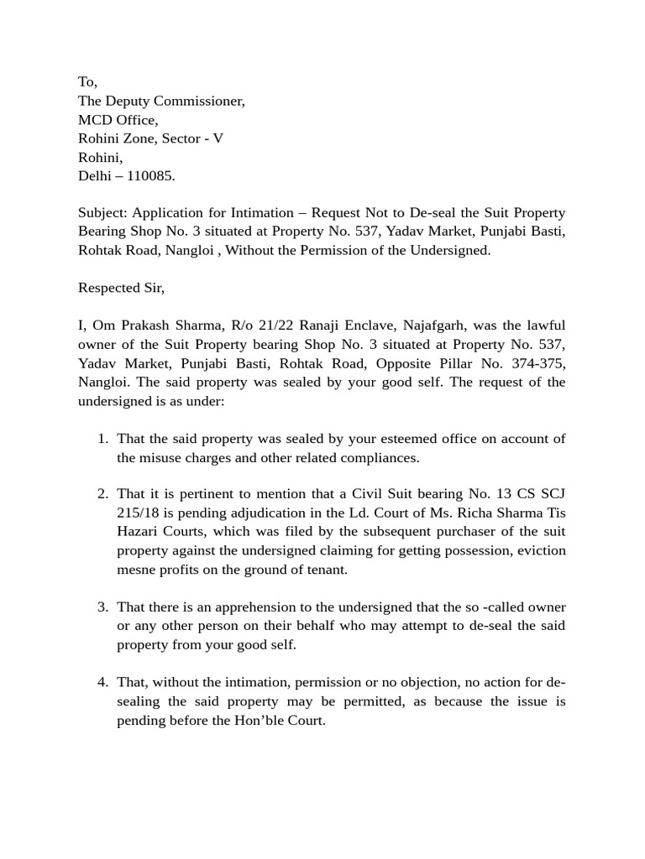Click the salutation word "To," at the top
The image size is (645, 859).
point(87,81)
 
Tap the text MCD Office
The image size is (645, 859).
point(118,119)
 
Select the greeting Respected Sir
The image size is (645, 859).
point(121,288)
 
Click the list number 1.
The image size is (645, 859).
point(102,439)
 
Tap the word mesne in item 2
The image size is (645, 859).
point(136,570)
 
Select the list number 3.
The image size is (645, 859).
point(102,607)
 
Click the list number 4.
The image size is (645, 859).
point(102,682)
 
